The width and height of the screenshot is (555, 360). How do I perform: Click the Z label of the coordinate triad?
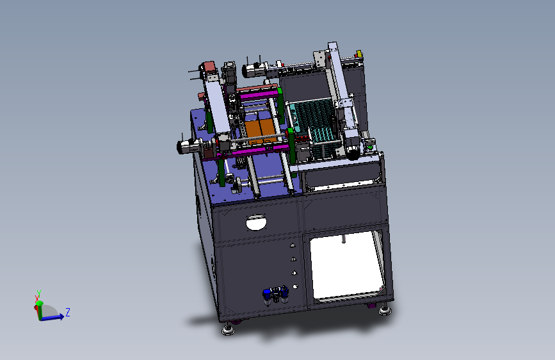pos(68,312)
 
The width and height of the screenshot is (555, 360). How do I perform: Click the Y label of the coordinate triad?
pos(38,293)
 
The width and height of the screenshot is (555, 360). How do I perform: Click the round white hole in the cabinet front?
pos(256,222)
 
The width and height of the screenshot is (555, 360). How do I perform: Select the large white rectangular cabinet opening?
pos(346,265)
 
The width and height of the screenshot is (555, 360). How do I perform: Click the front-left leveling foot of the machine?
pos(229,329)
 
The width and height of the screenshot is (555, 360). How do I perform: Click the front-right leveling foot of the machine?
pos(385,310)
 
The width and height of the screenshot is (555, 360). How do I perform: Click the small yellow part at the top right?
pos(358,54)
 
